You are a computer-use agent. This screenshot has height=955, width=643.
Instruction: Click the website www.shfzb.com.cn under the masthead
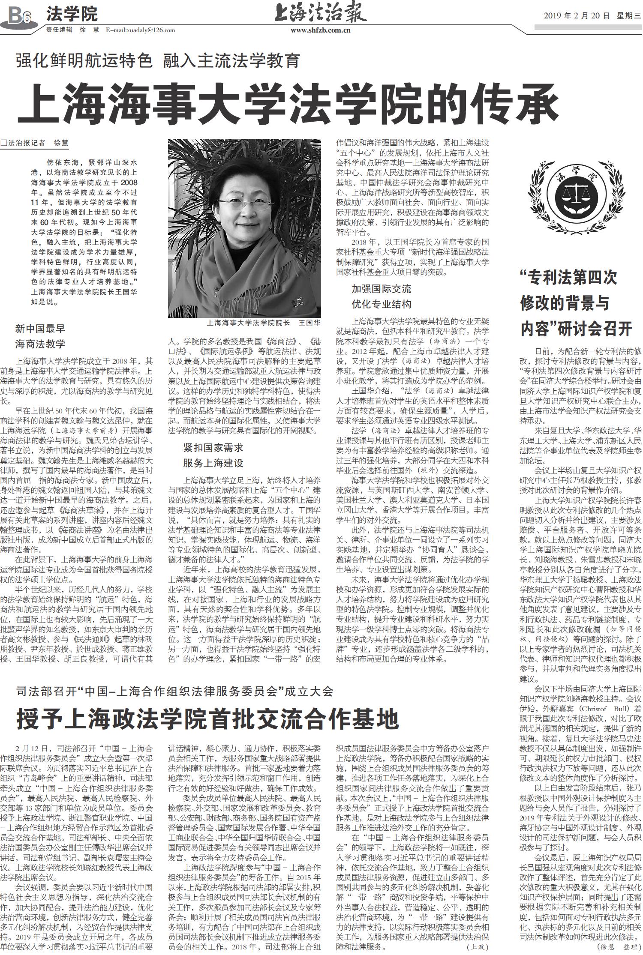coord(321,30)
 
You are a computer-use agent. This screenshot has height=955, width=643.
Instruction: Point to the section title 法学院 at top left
coord(72,14)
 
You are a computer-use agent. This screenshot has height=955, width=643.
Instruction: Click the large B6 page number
coord(20,16)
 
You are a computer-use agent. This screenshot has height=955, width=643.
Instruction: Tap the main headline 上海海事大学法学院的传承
coord(288,103)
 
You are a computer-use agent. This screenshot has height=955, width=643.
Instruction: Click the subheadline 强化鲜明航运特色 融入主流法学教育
coord(158,62)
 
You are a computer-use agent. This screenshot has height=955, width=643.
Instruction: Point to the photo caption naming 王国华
coord(263,323)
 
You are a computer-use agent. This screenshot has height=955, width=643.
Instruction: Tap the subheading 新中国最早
coord(40,329)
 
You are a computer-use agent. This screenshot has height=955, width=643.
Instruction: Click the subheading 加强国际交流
coord(381,289)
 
